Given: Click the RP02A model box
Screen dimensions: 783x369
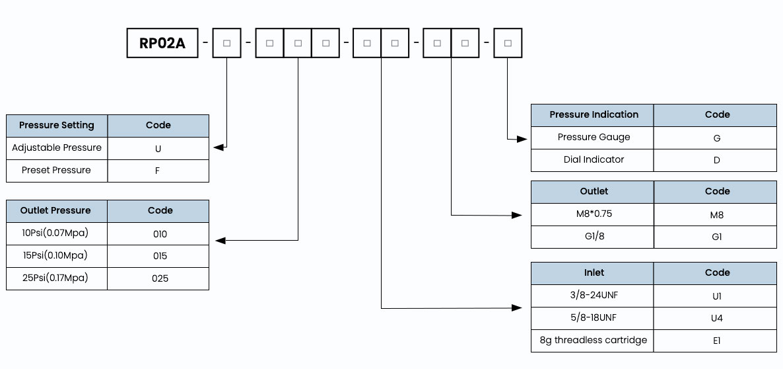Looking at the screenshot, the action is [x=162, y=43].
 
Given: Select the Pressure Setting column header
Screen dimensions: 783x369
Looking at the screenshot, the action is [x=57, y=126].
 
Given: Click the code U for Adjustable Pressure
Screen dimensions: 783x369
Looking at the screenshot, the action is [x=158, y=149].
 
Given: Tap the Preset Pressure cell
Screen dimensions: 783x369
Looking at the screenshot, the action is [x=57, y=171].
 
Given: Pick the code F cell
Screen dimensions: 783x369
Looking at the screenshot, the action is [x=158, y=171].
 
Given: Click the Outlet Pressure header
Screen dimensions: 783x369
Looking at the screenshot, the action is [x=57, y=211].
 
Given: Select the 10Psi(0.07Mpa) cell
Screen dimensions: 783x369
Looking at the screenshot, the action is [x=57, y=233].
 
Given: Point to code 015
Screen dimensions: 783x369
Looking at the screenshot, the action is [x=158, y=256].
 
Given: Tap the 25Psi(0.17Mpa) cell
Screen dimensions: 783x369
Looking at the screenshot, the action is [x=57, y=278].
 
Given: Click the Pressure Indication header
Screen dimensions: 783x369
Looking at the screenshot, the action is [x=592, y=115].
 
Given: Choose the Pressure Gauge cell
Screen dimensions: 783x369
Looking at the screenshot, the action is [x=592, y=138].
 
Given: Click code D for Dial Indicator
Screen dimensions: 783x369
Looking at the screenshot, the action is [x=715, y=161].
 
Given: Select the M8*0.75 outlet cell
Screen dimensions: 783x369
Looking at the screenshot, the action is [x=592, y=214].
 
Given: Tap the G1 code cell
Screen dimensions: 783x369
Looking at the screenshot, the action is [x=715, y=237].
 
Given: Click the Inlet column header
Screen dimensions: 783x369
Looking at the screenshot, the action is [x=592, y=273].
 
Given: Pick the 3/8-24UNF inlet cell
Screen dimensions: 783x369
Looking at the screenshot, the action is [x=592, y=296].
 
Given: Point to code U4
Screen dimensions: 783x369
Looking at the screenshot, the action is [x=715, y=318].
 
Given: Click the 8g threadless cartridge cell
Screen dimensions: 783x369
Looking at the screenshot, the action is [x=592, y=341].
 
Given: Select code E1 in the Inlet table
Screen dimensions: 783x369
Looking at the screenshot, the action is [x=715, y=341].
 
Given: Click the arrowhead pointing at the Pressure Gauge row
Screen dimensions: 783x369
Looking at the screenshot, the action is [x=522, y=139].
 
